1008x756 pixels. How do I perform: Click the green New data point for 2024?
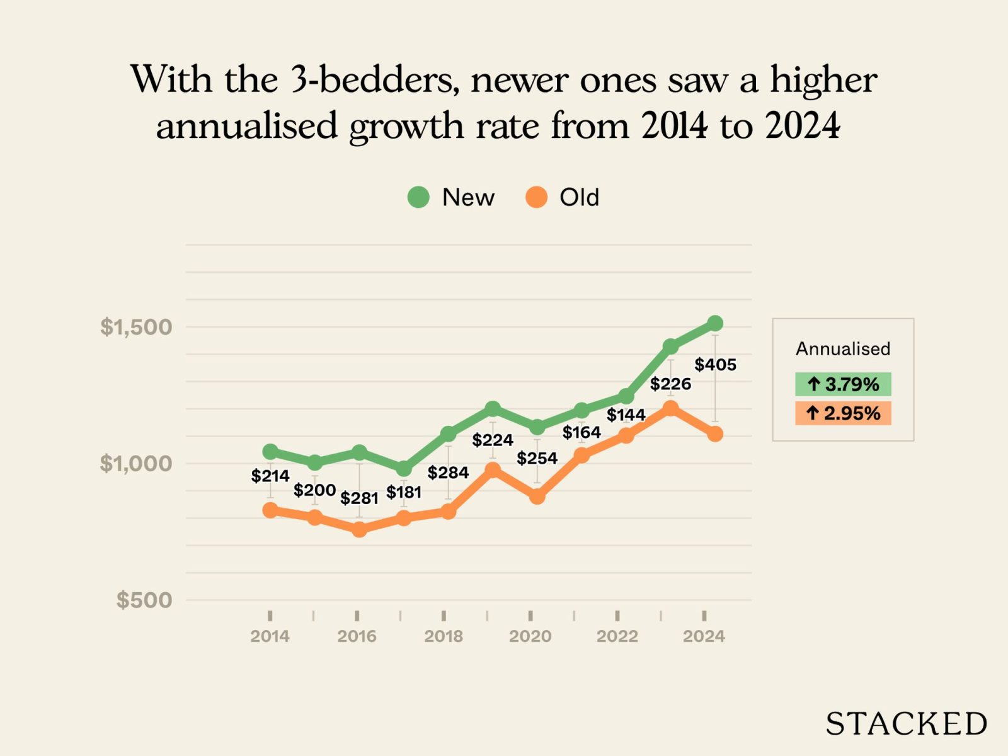pyautogui.click(x=714, y=324)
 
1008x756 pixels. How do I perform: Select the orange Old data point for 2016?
pyautogui.click(x=359, y=530)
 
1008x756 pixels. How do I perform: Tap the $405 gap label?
pyautogui.click(x=715, y=365)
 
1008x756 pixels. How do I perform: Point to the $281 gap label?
pyautogui.click(x=359, y=498)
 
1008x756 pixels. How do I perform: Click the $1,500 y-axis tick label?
pyautogui.click(x=136, y=327)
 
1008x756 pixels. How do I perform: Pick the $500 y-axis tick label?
pyautogui.click(x=144, y=600)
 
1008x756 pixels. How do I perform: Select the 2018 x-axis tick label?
pyautogui.click(x=444, y=636)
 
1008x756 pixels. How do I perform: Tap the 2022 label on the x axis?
pyautogui.click(x=617, y=636)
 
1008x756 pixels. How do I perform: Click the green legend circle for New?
pyautogui.click(x=418, y=197)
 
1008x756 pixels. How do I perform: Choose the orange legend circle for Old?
pyautogui.click(x=536, y=197)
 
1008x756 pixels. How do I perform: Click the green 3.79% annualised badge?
pyautogui.click(x=843, y=384)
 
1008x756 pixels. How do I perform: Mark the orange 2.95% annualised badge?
pyautogui.click(x=843, y=413)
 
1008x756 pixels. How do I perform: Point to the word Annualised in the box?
pyautogui.click(x=843, y=349)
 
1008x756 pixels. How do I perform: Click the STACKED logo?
pyautogui.click(x=906, y=724)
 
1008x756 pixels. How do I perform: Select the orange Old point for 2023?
pyautogui.click(x=670, y=408)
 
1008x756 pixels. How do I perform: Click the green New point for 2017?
pyautogui.click(x=404, y=469)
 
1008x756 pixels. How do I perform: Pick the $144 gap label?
pyautogui.click(x=626, y=415)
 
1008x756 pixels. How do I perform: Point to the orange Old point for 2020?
pyautogui.click(x=537, y=496)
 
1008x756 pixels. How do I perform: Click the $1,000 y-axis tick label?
pyautogui.click(x=136, y=464)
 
